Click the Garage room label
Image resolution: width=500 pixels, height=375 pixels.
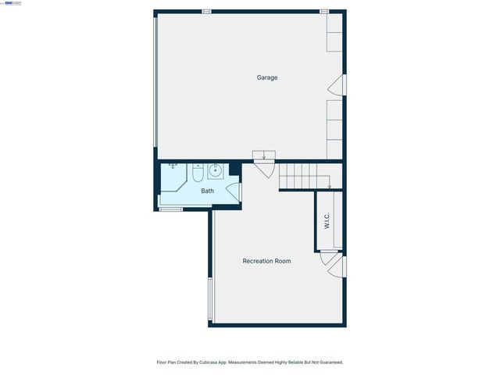pos(267,77)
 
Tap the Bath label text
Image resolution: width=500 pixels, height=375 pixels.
pos(207,191)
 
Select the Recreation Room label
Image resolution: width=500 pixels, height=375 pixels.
pos(266,261)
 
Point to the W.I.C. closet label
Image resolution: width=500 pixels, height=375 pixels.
pos(327,221)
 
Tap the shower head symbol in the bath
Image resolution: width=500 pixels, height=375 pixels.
pos(173,166)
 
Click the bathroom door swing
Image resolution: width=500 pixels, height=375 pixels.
pos(234,191)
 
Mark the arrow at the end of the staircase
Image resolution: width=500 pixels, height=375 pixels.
pos(330,186)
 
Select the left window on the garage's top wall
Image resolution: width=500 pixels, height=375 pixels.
pos(206,12)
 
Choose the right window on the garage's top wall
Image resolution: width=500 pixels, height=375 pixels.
pos(323,12)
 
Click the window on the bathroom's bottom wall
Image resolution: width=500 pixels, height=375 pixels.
pos(171,209)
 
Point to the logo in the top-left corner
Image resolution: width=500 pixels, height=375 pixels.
pos(12,3)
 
